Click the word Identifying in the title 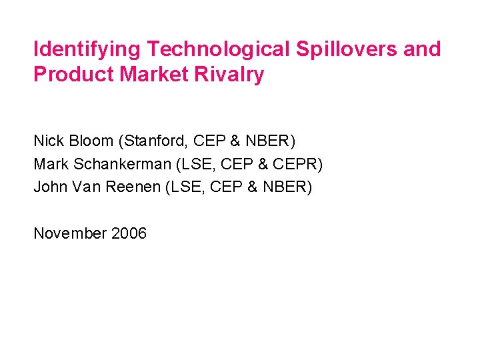click(87, 49)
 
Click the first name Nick click(47, 141)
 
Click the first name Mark click(49, 164)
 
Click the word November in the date click(70, 233)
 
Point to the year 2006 click(129, 233)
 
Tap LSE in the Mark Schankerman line click(193, 164)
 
